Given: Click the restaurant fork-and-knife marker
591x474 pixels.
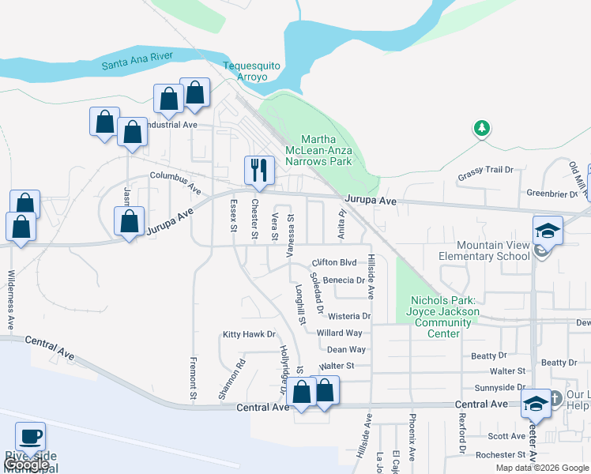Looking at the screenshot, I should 258,168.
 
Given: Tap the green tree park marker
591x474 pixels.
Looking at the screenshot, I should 481,128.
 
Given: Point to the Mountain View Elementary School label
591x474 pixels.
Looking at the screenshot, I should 483,250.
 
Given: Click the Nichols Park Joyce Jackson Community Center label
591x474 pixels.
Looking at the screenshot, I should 444,317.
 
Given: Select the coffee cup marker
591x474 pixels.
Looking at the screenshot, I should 30,436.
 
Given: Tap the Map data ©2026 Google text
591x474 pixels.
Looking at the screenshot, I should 541,468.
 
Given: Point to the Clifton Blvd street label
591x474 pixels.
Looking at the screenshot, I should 335,262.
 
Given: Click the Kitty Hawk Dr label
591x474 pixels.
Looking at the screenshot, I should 248,335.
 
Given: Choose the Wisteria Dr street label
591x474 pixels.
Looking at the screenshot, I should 343,317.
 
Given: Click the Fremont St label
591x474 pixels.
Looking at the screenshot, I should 193,377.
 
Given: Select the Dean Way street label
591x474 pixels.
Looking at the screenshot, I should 346,349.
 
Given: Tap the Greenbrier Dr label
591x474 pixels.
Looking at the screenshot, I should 552,194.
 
